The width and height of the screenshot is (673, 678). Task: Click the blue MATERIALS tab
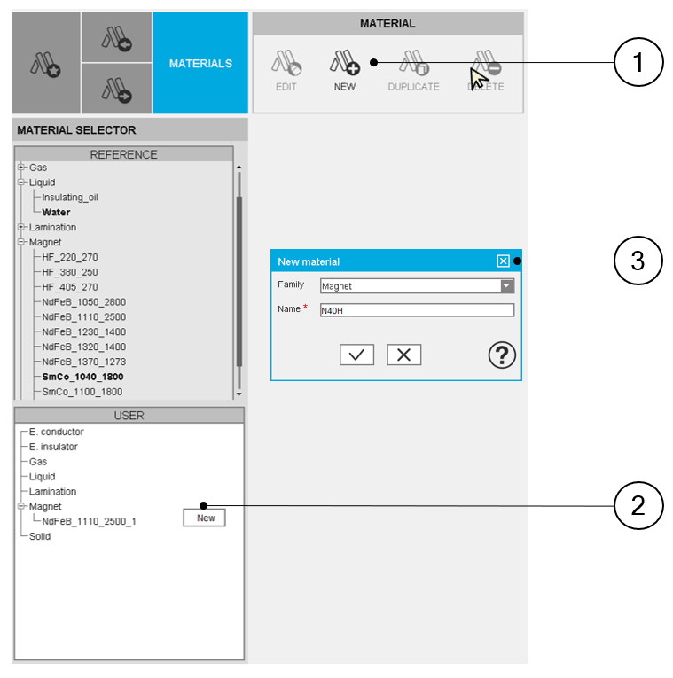pos(200,63)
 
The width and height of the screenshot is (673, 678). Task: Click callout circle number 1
pos(638,62)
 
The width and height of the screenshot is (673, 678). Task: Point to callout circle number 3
pos(638,261)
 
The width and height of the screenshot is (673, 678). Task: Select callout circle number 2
pos(638,505)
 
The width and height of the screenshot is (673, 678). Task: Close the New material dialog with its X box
pos(503,261)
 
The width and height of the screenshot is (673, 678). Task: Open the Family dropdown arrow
pos(506,285)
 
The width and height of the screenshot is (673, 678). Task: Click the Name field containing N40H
pos(417,310)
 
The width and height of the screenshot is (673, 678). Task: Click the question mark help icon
pos(502,355)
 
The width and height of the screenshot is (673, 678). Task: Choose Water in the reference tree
pos(56,213)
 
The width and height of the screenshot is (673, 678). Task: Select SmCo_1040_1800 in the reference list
pos(82,377)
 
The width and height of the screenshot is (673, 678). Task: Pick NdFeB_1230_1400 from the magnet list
pos(84,332)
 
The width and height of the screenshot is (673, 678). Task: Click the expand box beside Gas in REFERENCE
pos(20,167)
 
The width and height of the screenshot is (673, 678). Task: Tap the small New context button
pos(205,518)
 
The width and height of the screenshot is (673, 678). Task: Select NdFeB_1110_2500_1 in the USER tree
pos(89,521)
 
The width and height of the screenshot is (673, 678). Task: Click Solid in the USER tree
pos(40,536)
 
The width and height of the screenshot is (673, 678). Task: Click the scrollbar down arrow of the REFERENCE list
pos(239,394)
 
